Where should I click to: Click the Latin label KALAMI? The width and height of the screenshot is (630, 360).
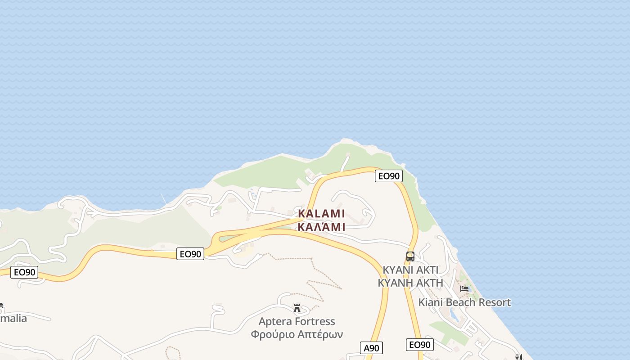[321, 213]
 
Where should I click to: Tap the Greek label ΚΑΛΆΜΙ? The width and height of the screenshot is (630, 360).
[321, 226]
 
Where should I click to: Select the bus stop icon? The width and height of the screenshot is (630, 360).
[410, 256]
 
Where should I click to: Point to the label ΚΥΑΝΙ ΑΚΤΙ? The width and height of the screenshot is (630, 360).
[410, 270]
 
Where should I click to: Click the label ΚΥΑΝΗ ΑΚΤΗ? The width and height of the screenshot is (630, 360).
[410, 283]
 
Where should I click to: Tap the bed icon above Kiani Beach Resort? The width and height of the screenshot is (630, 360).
[464, 288]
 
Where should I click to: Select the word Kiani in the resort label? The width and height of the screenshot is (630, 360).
[431, 302]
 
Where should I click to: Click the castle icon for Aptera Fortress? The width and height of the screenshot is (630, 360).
[297, 308]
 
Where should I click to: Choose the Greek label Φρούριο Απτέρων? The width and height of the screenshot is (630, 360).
[297, 334]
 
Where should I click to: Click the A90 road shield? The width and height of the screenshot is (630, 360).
[372, 348]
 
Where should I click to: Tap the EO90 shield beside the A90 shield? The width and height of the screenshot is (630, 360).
[419, 345]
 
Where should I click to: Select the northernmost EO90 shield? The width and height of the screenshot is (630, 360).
[389, 176]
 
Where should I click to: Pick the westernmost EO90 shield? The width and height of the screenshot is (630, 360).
[24, 272]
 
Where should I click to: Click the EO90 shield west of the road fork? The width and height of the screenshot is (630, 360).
[190, 254]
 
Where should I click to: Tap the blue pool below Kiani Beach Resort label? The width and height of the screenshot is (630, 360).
[454, 315]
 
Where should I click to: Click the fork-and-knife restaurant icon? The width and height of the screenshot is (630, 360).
[518, 357]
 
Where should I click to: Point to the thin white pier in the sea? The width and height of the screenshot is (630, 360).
[163, 198]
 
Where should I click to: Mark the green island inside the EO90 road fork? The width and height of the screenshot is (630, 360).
[234, 237]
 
